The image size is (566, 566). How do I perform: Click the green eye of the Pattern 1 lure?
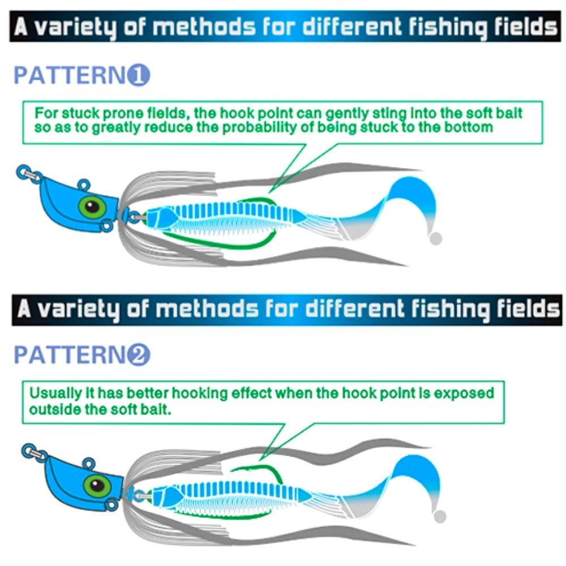click(92, 207)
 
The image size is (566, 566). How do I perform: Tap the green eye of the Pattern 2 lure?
click(97, 486)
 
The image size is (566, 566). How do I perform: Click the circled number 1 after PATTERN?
click(139, 75)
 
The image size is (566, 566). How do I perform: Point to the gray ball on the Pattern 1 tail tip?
click(436, 238)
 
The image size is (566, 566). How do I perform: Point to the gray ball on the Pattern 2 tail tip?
click(440, 516)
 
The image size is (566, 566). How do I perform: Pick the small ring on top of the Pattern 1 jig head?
click(84, 185)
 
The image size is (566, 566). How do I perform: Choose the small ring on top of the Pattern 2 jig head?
click(89, 464)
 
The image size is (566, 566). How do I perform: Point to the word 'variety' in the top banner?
click(77, 27)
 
